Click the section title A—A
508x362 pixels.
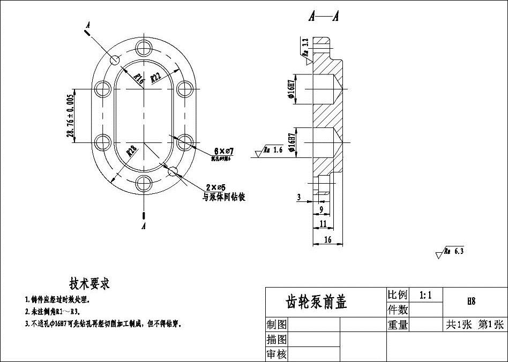click(x=324, y=17)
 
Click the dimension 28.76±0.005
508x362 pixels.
click(x=70, y=116)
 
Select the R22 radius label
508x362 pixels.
click(x=156, y=76)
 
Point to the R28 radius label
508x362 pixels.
click(x=131, y=151)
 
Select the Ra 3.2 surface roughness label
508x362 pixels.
click(x=304, y=49)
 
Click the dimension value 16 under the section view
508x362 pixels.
click(x=327, y=240)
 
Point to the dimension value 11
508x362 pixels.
click(x=322, y=223)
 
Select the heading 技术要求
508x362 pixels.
click(x=89, y=283)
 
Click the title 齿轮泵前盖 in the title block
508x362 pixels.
click(x=317, y=302)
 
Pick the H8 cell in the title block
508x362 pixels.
click(x=471, y=301)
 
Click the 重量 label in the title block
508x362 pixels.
click(x=398, y=325)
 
